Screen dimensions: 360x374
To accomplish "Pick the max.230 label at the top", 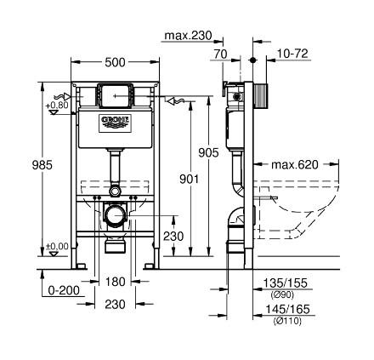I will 188,36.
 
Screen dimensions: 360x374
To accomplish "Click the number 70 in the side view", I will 220,53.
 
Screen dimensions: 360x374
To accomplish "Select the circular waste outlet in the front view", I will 112,216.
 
